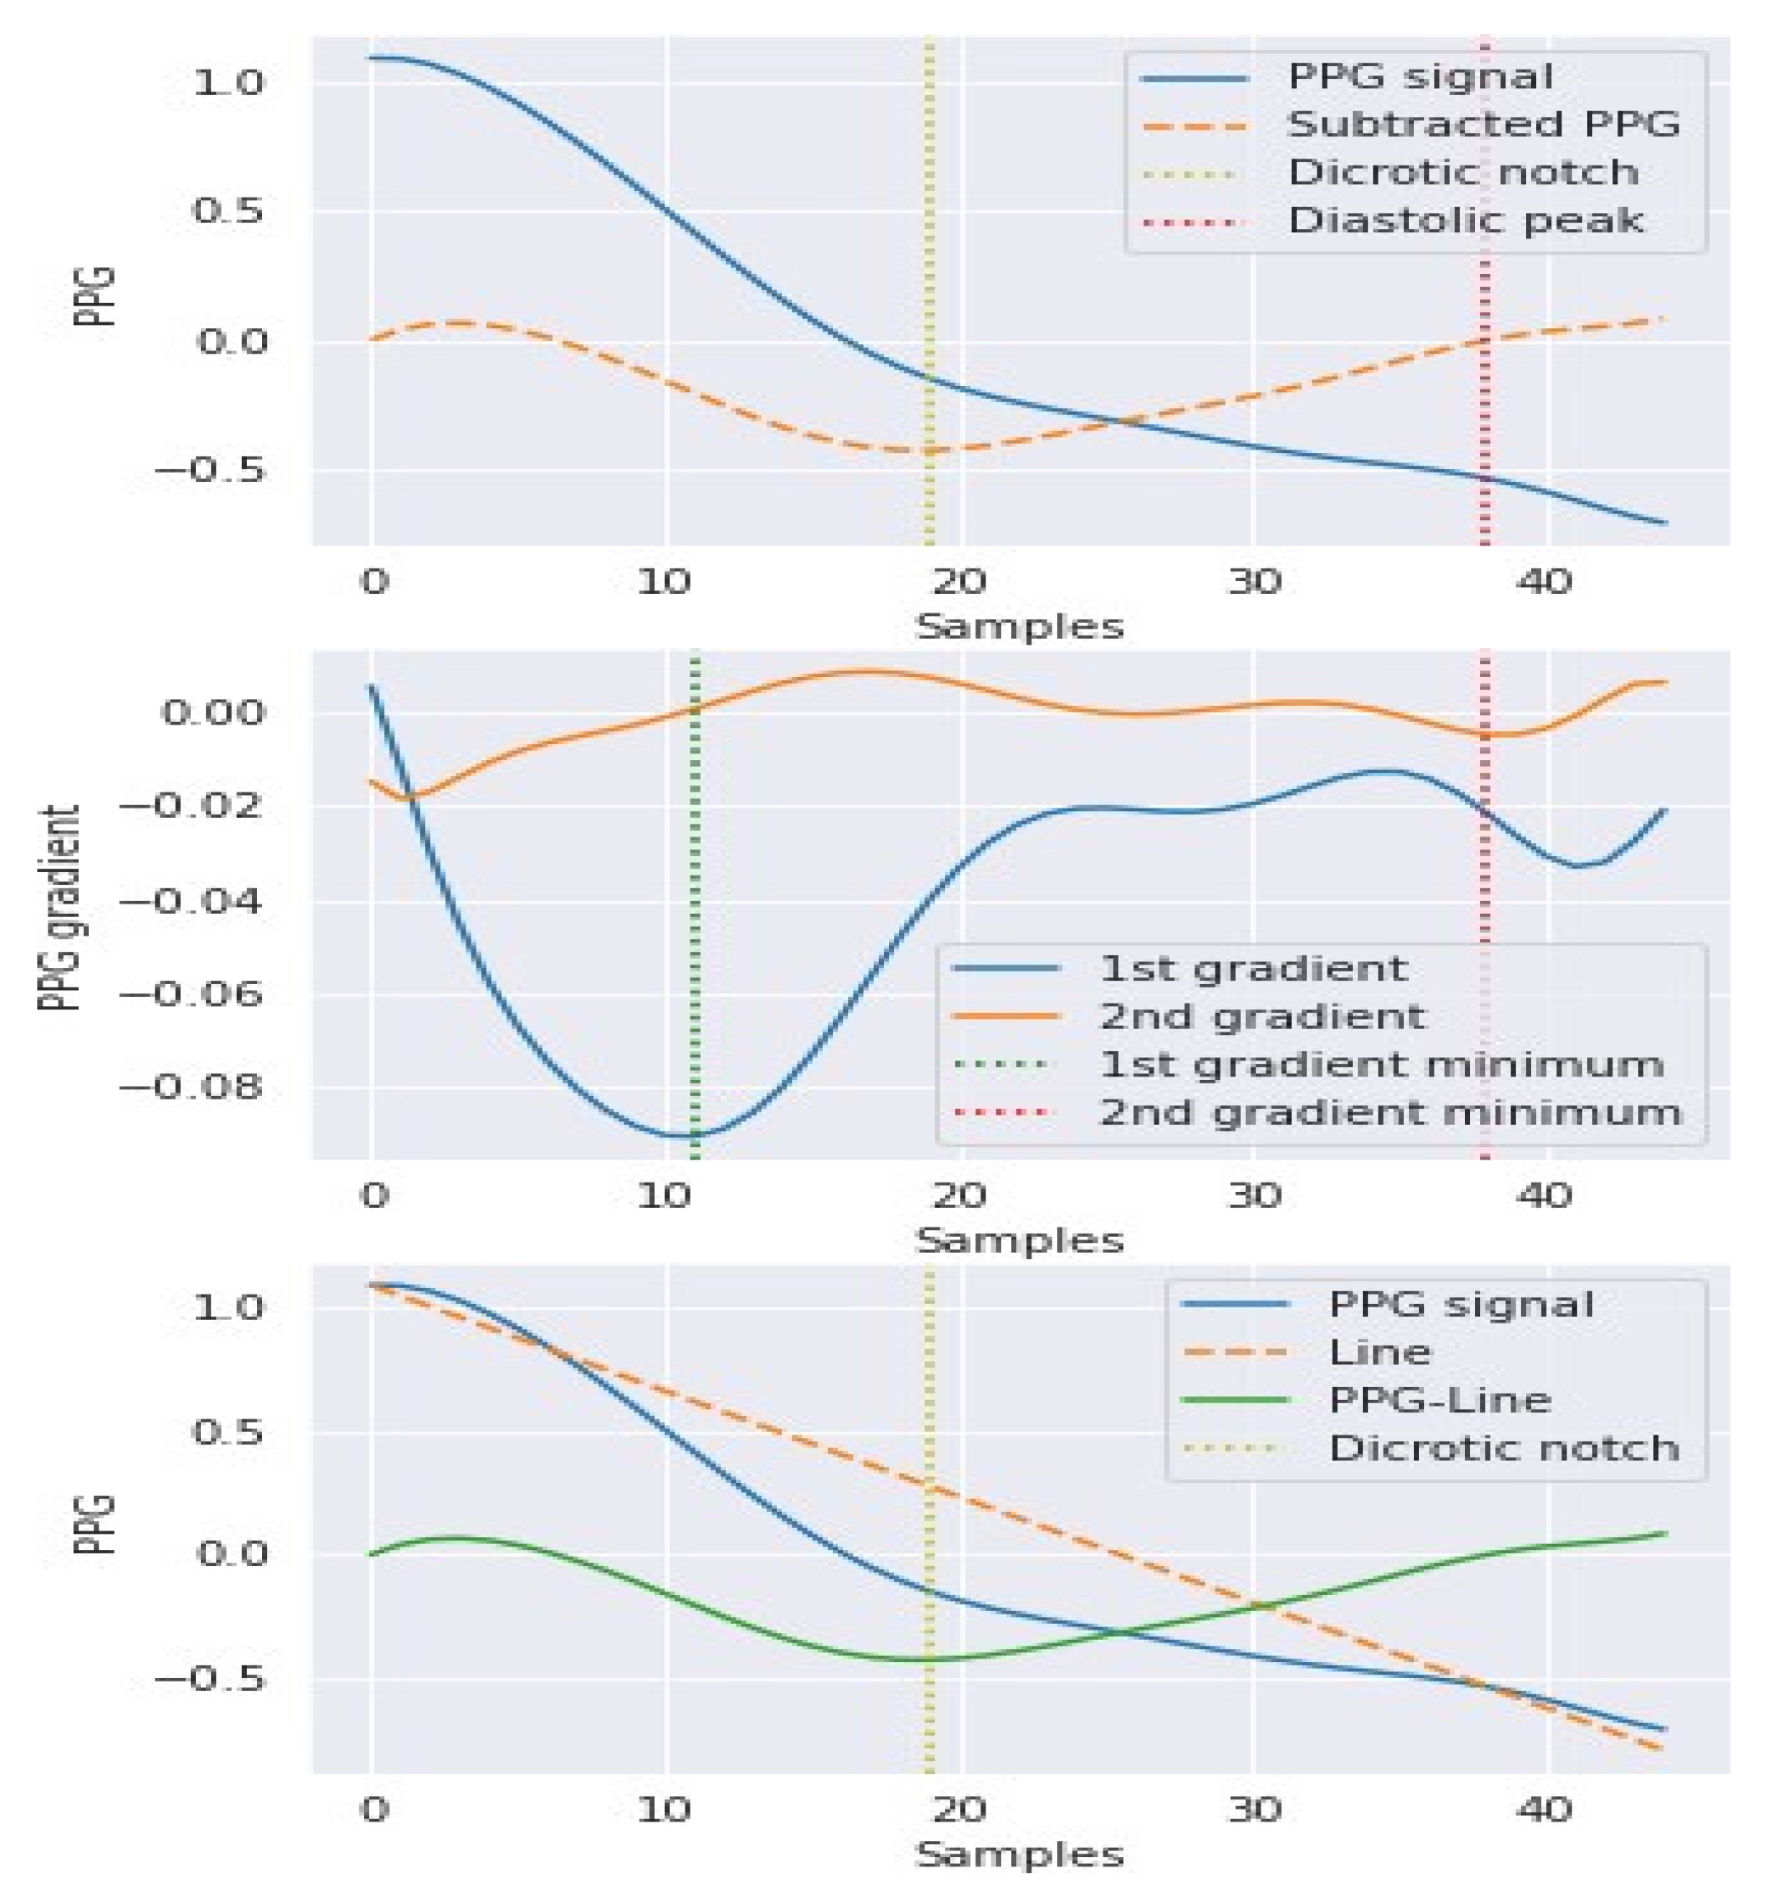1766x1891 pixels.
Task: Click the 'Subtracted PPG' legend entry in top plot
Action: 1482,125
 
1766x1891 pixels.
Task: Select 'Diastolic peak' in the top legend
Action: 1465,221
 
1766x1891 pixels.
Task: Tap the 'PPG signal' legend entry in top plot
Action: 1420,77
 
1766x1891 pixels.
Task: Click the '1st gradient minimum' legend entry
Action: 1380,1065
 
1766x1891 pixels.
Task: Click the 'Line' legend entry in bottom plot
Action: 1379,1351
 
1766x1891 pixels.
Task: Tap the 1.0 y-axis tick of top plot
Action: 228,83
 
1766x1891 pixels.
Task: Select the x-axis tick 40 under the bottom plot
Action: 1543,1808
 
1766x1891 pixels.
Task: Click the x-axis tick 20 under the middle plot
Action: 958,1194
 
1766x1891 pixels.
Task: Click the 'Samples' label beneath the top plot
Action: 1020,627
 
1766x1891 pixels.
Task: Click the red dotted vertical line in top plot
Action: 1484,380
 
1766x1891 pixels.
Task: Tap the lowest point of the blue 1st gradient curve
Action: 683,1136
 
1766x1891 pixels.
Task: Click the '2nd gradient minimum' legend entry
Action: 1389,1113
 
